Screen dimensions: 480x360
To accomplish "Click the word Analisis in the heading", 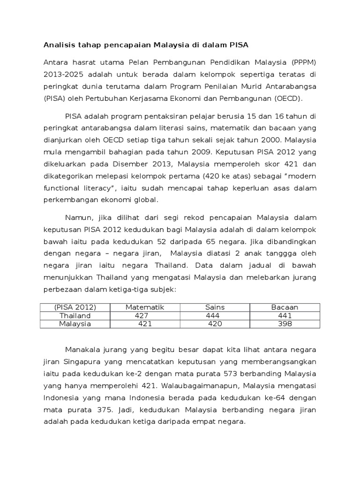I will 59,45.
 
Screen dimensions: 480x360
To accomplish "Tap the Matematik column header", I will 145,307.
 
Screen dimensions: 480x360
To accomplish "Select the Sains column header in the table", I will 215,307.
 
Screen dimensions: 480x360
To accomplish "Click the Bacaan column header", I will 285,307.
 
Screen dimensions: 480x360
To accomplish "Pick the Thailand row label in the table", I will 75,315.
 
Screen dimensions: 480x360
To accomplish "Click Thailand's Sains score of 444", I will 212,315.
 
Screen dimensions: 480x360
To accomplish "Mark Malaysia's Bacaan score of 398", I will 285,324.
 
